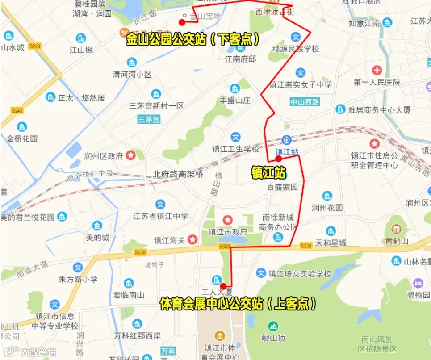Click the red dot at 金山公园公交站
(x=182, y=22)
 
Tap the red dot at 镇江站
(x=278, y=159)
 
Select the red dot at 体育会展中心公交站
(x=223, y=286)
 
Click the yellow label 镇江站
(x=268, y=172)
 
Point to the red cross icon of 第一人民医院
(x=377, y=70)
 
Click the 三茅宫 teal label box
(x=149, y=119)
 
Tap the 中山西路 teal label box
(x=305, y=102)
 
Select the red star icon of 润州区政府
(x=131, y=155)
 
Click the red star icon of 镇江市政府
(x=228, y=220)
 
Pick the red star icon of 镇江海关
(x=192, y=240)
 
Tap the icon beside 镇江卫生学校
(x=235, y=137)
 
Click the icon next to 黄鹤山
(x=396, y=229)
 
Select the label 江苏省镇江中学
(x=161, y=217)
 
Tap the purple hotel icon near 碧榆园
(x=418, y=283)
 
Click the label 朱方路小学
(x=78, y=280)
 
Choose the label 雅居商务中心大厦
(x=379, y=110)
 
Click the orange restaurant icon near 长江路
(x=124, y=33)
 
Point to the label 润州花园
(x=327, y=208)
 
